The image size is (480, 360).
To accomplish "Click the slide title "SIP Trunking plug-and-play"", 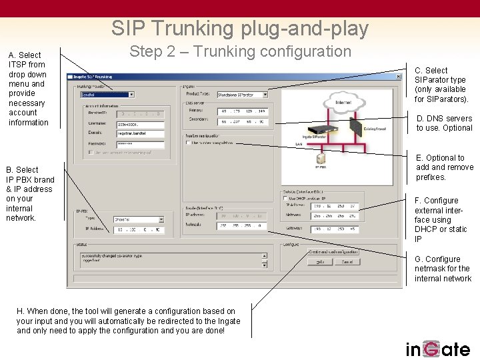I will [240, 28].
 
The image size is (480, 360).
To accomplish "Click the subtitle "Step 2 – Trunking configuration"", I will [240, 51].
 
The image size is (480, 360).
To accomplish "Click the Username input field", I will [140, 124].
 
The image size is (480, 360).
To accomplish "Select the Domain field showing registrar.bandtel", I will [140, 133].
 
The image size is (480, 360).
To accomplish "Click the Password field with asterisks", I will [140, 143].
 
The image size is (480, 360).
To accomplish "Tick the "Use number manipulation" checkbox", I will [188, 143].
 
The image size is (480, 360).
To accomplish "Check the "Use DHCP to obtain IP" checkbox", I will [286, 198].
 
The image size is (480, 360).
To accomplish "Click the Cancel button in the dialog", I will [347, 262].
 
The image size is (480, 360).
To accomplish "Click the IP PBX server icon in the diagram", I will [321, 158].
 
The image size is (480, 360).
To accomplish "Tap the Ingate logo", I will [438, 348].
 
